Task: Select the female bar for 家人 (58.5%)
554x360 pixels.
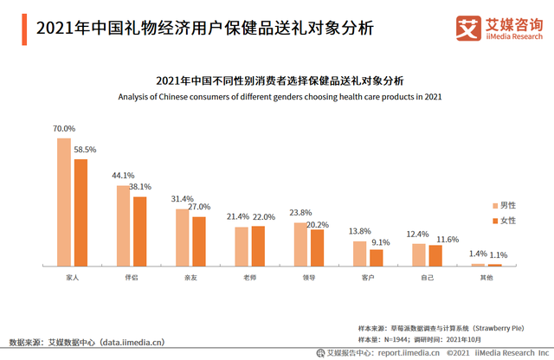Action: tap(80, 212)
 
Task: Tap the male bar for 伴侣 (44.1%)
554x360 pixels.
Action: tap(123, 225)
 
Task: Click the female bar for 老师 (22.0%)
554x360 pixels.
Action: tap(257, 246)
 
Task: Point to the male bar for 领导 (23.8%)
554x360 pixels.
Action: tap(300, 244)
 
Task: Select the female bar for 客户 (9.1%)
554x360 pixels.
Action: tap(376, 257)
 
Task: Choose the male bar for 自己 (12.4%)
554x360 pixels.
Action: tap(419, 254)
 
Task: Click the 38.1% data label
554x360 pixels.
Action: tap(140, 186)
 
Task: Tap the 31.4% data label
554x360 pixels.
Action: tap(184, 198)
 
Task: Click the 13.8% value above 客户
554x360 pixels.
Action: tap(360, 231)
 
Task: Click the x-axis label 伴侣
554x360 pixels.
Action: tap(132, 278)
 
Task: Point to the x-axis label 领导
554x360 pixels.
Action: tap(308, 278)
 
